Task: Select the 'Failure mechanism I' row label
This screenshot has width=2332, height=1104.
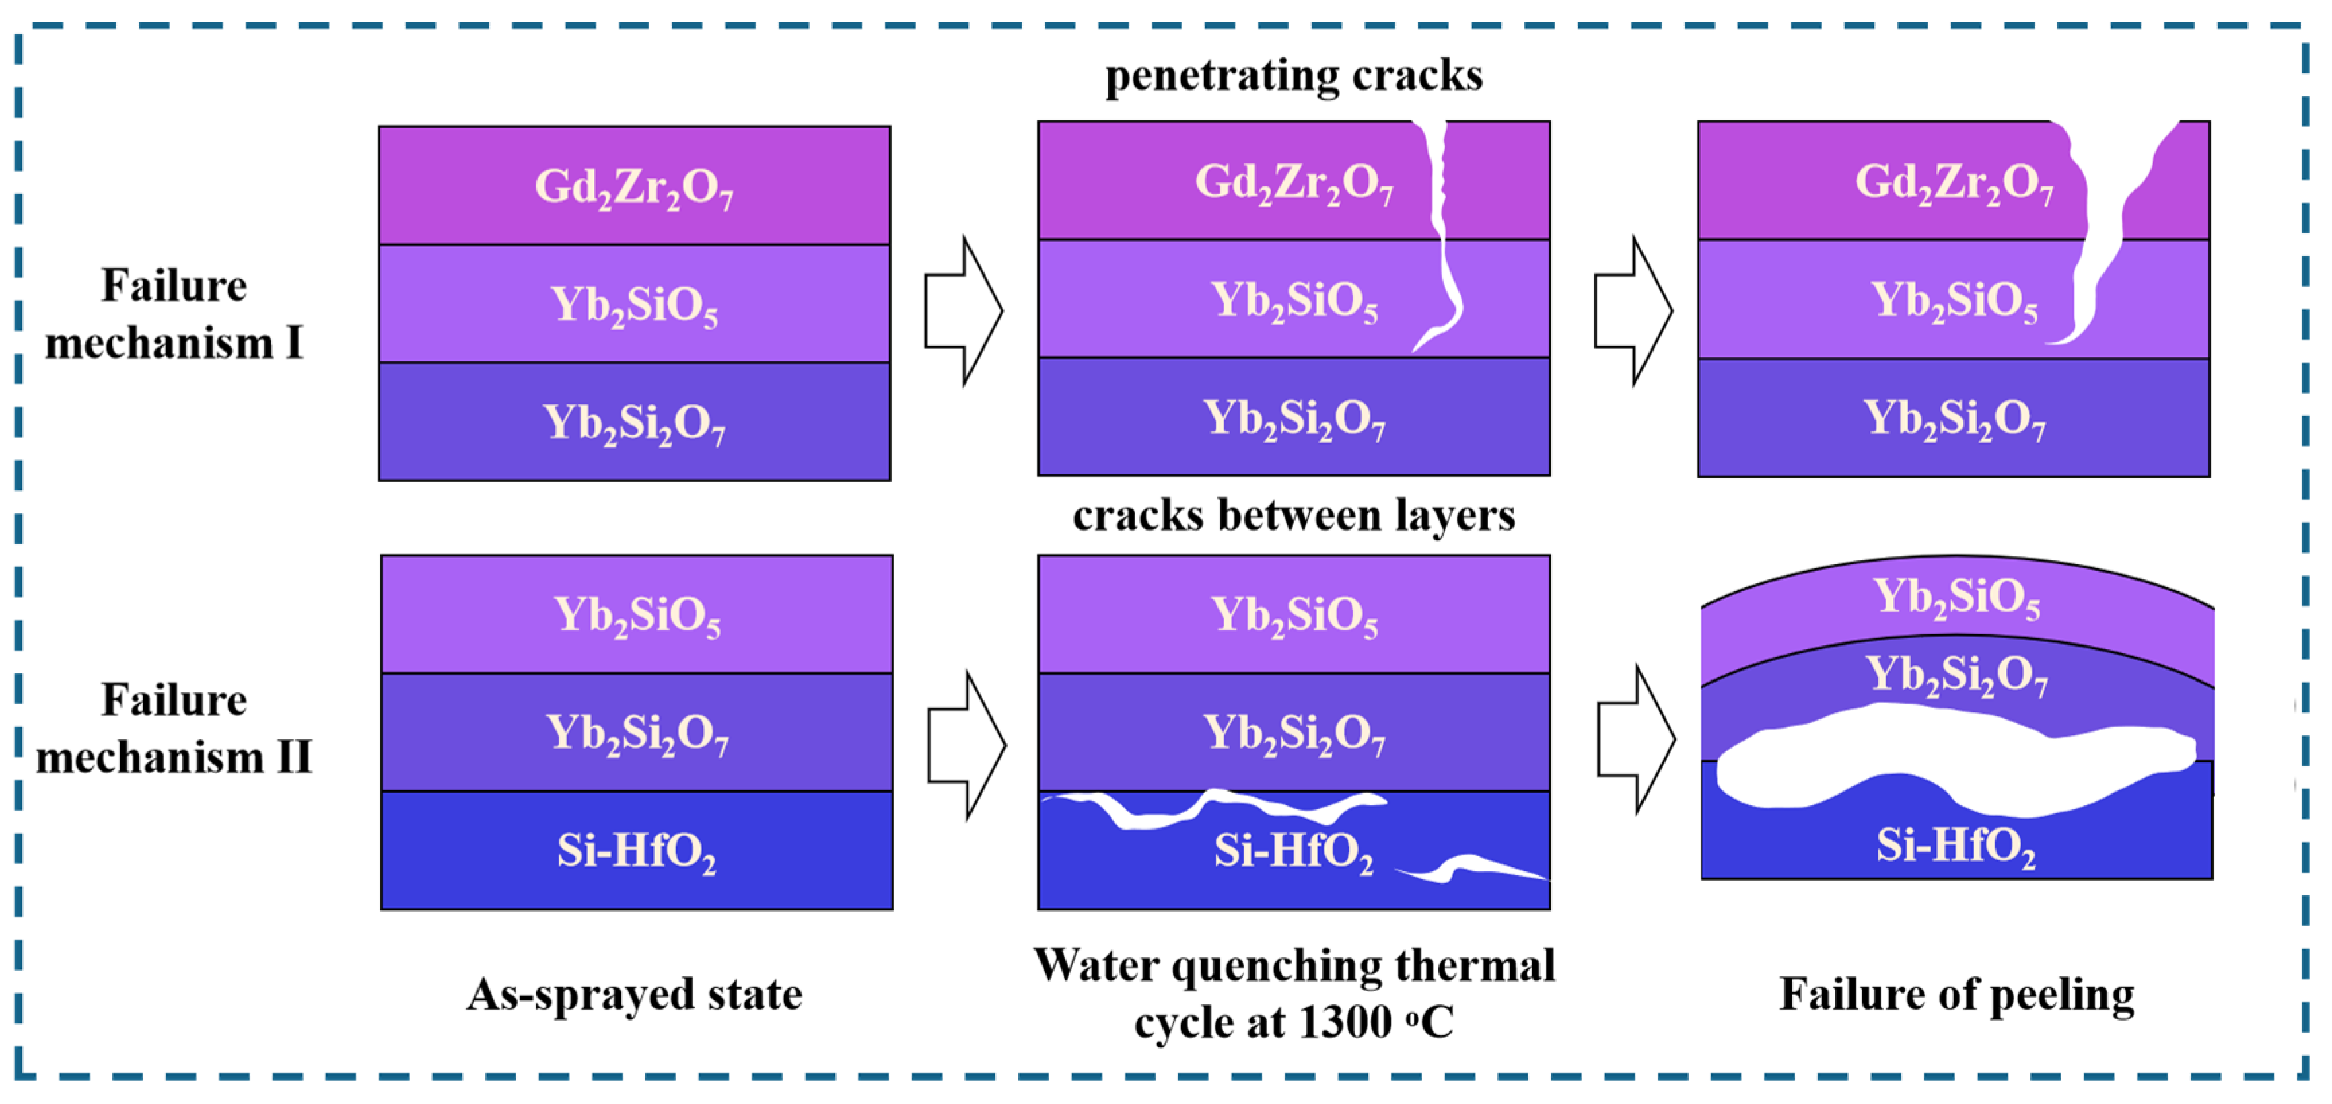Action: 174,314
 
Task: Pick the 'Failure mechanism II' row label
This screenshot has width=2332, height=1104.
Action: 174,729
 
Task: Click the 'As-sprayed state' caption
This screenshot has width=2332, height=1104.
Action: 634,994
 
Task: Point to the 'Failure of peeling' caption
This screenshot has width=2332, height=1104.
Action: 1955,994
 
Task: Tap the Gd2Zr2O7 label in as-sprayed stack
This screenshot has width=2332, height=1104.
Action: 634,187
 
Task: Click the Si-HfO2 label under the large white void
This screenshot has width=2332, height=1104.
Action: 1955,846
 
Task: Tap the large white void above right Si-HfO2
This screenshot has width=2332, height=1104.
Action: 1946,756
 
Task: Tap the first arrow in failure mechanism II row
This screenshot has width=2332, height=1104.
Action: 965,745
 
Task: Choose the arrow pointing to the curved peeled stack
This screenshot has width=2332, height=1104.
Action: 1635,740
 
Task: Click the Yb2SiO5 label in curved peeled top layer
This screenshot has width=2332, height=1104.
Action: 1955,597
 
